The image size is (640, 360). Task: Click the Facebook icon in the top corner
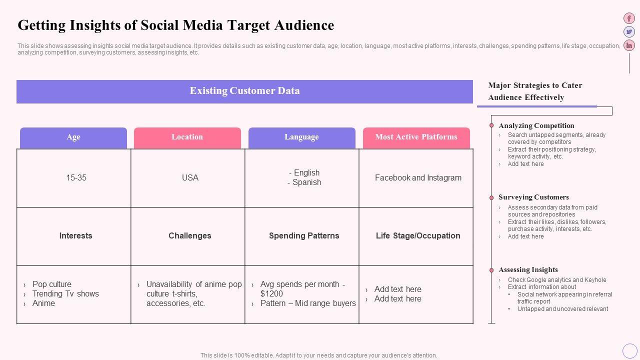[629, 18]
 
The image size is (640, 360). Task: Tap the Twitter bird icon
[629, 32]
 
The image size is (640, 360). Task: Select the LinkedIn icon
[629, 45]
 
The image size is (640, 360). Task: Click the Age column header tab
[73, 137]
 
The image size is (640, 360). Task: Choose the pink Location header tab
[187, 137]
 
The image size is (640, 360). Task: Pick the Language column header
[301, 137]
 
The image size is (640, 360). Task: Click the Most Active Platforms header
[416, 137]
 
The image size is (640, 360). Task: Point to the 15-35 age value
[76, 178]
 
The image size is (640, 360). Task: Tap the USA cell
[190, 178]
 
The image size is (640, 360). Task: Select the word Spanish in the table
[306, 182]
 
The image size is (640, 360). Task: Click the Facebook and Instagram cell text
[418, 178]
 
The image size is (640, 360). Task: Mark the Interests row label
[75, 236]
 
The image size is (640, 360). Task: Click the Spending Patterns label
[304, 236]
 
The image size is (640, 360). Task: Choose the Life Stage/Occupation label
[418, 236]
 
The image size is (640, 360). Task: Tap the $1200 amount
[271, 294]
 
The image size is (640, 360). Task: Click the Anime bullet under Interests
[43, 303]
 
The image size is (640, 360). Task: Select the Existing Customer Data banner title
[244, 91]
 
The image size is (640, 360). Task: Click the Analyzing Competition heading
[536, 126]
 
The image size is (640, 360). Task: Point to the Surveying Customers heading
[533, 197]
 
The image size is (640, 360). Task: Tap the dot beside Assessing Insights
[491, 270]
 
